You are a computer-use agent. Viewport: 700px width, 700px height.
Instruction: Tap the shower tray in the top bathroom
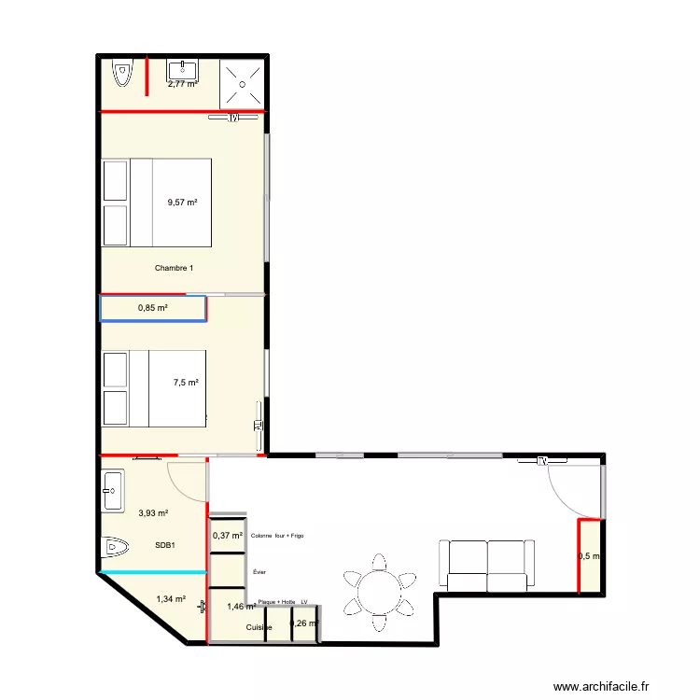(243, 83)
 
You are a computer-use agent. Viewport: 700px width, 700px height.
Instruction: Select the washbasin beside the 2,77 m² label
(181, 69)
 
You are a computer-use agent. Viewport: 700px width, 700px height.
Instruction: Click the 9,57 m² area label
(182, 202)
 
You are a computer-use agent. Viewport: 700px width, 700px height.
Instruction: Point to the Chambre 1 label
(175, 269)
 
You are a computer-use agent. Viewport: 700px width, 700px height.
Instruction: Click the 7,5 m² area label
(186, 382)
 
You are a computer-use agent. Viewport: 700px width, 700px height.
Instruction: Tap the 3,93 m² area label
(153, 512)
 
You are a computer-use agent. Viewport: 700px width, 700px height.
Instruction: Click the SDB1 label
(167, 545)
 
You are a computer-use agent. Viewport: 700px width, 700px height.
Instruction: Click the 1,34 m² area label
(171, 600)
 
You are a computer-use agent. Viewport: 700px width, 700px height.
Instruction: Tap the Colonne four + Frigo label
(277, 536)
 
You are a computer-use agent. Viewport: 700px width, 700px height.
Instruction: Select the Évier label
(259, 571)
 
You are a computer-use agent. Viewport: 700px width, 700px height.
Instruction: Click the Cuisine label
(259, 628)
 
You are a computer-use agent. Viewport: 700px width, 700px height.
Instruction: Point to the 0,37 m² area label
(228, 536)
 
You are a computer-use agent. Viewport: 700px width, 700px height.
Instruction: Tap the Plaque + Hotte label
(276, 603)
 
